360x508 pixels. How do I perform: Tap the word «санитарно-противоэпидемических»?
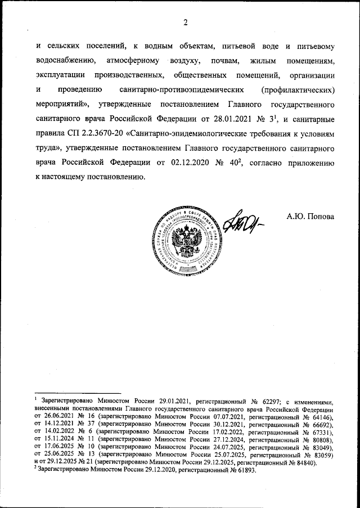pyautogui.click(x=183, y=90)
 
